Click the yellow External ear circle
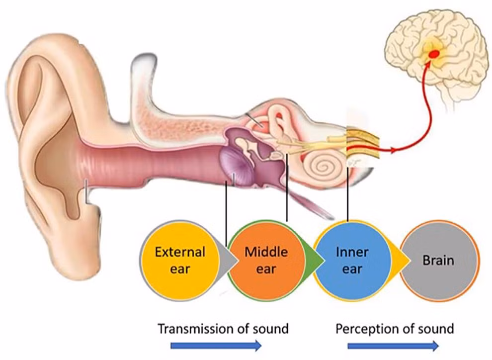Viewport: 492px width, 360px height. tap(179, 259)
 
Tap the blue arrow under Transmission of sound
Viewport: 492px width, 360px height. tap(216, 346)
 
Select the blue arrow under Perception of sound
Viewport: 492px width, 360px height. tap(393, 346)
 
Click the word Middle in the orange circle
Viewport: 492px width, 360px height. tap(266, 252)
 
